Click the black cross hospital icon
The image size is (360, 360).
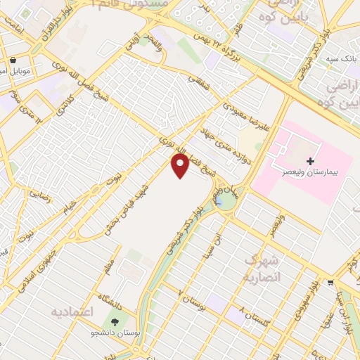310,162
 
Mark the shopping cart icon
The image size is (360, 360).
330,283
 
